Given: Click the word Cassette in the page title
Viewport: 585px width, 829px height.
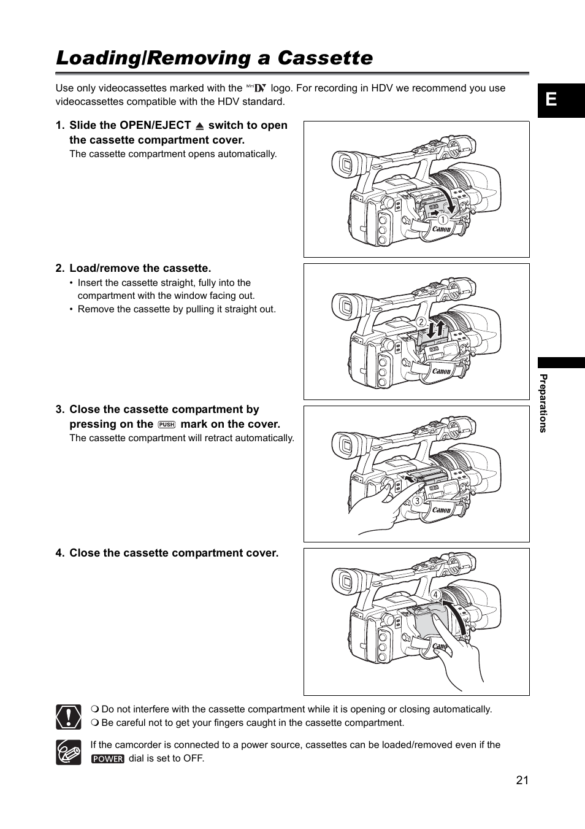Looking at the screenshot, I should (x=325, y=58).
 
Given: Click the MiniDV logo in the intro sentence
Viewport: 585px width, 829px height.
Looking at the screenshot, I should (x=256, y=88).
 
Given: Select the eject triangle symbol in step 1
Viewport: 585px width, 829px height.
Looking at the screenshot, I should (x=199, y=126).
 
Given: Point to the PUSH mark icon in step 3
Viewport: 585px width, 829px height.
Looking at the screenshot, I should (x=167, y=425).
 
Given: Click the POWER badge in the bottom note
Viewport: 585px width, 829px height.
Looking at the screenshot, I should (x=108, y=758).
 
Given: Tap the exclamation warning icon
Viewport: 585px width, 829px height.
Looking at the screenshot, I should (x=69, y=717).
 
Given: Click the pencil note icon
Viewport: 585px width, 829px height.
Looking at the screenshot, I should (x=69, y=752).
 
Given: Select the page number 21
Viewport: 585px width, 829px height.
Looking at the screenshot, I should (x=522, y=780).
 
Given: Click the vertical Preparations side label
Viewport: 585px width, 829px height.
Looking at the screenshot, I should (x=543, y=403).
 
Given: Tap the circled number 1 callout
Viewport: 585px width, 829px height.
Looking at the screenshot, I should (x=442, y=219).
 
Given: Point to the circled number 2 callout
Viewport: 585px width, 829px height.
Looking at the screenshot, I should (x=421, y=322).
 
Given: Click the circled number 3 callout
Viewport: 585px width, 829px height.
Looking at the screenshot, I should (x=417, y=501).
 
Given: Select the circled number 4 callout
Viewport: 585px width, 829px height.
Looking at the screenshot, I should (x=435, y=595).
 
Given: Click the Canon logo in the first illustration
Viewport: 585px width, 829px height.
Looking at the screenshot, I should (x=442, y=229).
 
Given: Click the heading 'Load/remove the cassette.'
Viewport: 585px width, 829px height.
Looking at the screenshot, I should (x=140, y=268).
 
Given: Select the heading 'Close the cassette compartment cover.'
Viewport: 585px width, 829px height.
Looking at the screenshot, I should (x=174, y=553).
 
